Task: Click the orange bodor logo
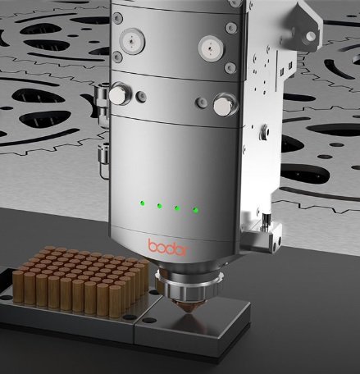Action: [x=169, y=248]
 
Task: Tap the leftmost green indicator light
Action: [x=143, y=203]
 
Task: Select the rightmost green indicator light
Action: [x=195, y=210]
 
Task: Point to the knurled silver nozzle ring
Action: [x=188, y=286]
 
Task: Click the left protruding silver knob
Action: [x=120, y=93]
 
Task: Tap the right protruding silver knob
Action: [x=225, y=105]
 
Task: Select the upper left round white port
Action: [x=132, y=41]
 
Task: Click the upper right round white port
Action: [x=212, y=48]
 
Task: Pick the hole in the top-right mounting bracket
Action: [x=310, y=36]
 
